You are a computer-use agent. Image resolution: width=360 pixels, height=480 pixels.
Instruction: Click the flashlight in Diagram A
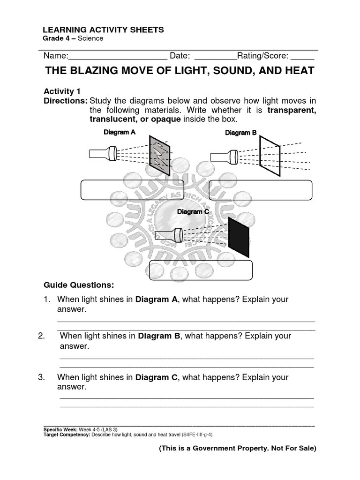[103, 153]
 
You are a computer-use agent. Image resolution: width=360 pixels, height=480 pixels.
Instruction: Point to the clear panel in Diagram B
[270, 157]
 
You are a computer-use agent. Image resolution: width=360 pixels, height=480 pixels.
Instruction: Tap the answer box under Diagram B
[260, 190]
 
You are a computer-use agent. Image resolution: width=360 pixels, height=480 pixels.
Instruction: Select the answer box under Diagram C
[201, 270]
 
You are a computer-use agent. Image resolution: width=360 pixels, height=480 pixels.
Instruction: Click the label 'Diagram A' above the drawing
[120, 132]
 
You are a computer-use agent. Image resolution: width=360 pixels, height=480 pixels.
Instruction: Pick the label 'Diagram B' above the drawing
[241, 133]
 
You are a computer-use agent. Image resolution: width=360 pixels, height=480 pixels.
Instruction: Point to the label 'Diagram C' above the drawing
[193, 212]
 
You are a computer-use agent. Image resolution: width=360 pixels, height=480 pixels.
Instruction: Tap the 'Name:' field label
[56, 56]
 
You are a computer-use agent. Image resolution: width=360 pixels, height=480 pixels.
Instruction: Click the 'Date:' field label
[180, 56]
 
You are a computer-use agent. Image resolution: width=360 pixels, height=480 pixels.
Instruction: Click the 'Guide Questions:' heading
[78, 285]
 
